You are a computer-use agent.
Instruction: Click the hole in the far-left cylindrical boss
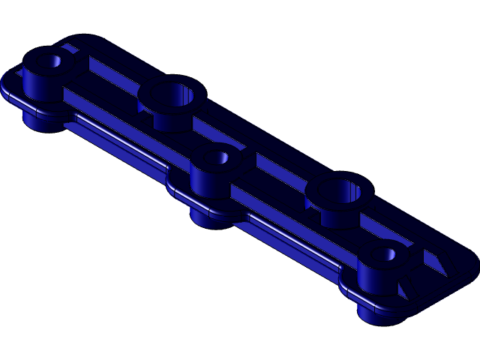pyautogui.click(x=52, y=61)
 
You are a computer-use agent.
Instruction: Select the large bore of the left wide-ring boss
pyautogui.click(x=172, y=94)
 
